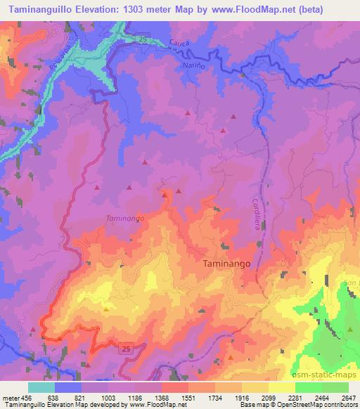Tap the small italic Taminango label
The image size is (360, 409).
(x=125, y=219)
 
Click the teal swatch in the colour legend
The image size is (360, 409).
(x=41, y=387)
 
